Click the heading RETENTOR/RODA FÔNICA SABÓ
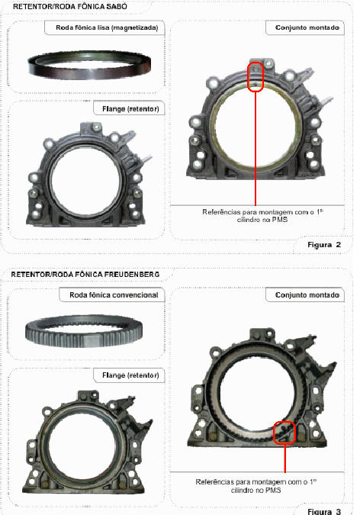point(70,6)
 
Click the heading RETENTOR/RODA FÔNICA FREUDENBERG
point(85,274)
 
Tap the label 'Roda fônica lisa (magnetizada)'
point(107,27)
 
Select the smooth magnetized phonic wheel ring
point(89,65)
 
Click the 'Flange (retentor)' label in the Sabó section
point(130,108)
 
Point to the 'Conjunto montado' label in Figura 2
point(307,27)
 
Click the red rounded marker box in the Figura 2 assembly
point(256,77)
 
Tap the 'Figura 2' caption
point(324,245)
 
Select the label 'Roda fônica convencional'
point(114,295)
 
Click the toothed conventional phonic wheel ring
point(84,331)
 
